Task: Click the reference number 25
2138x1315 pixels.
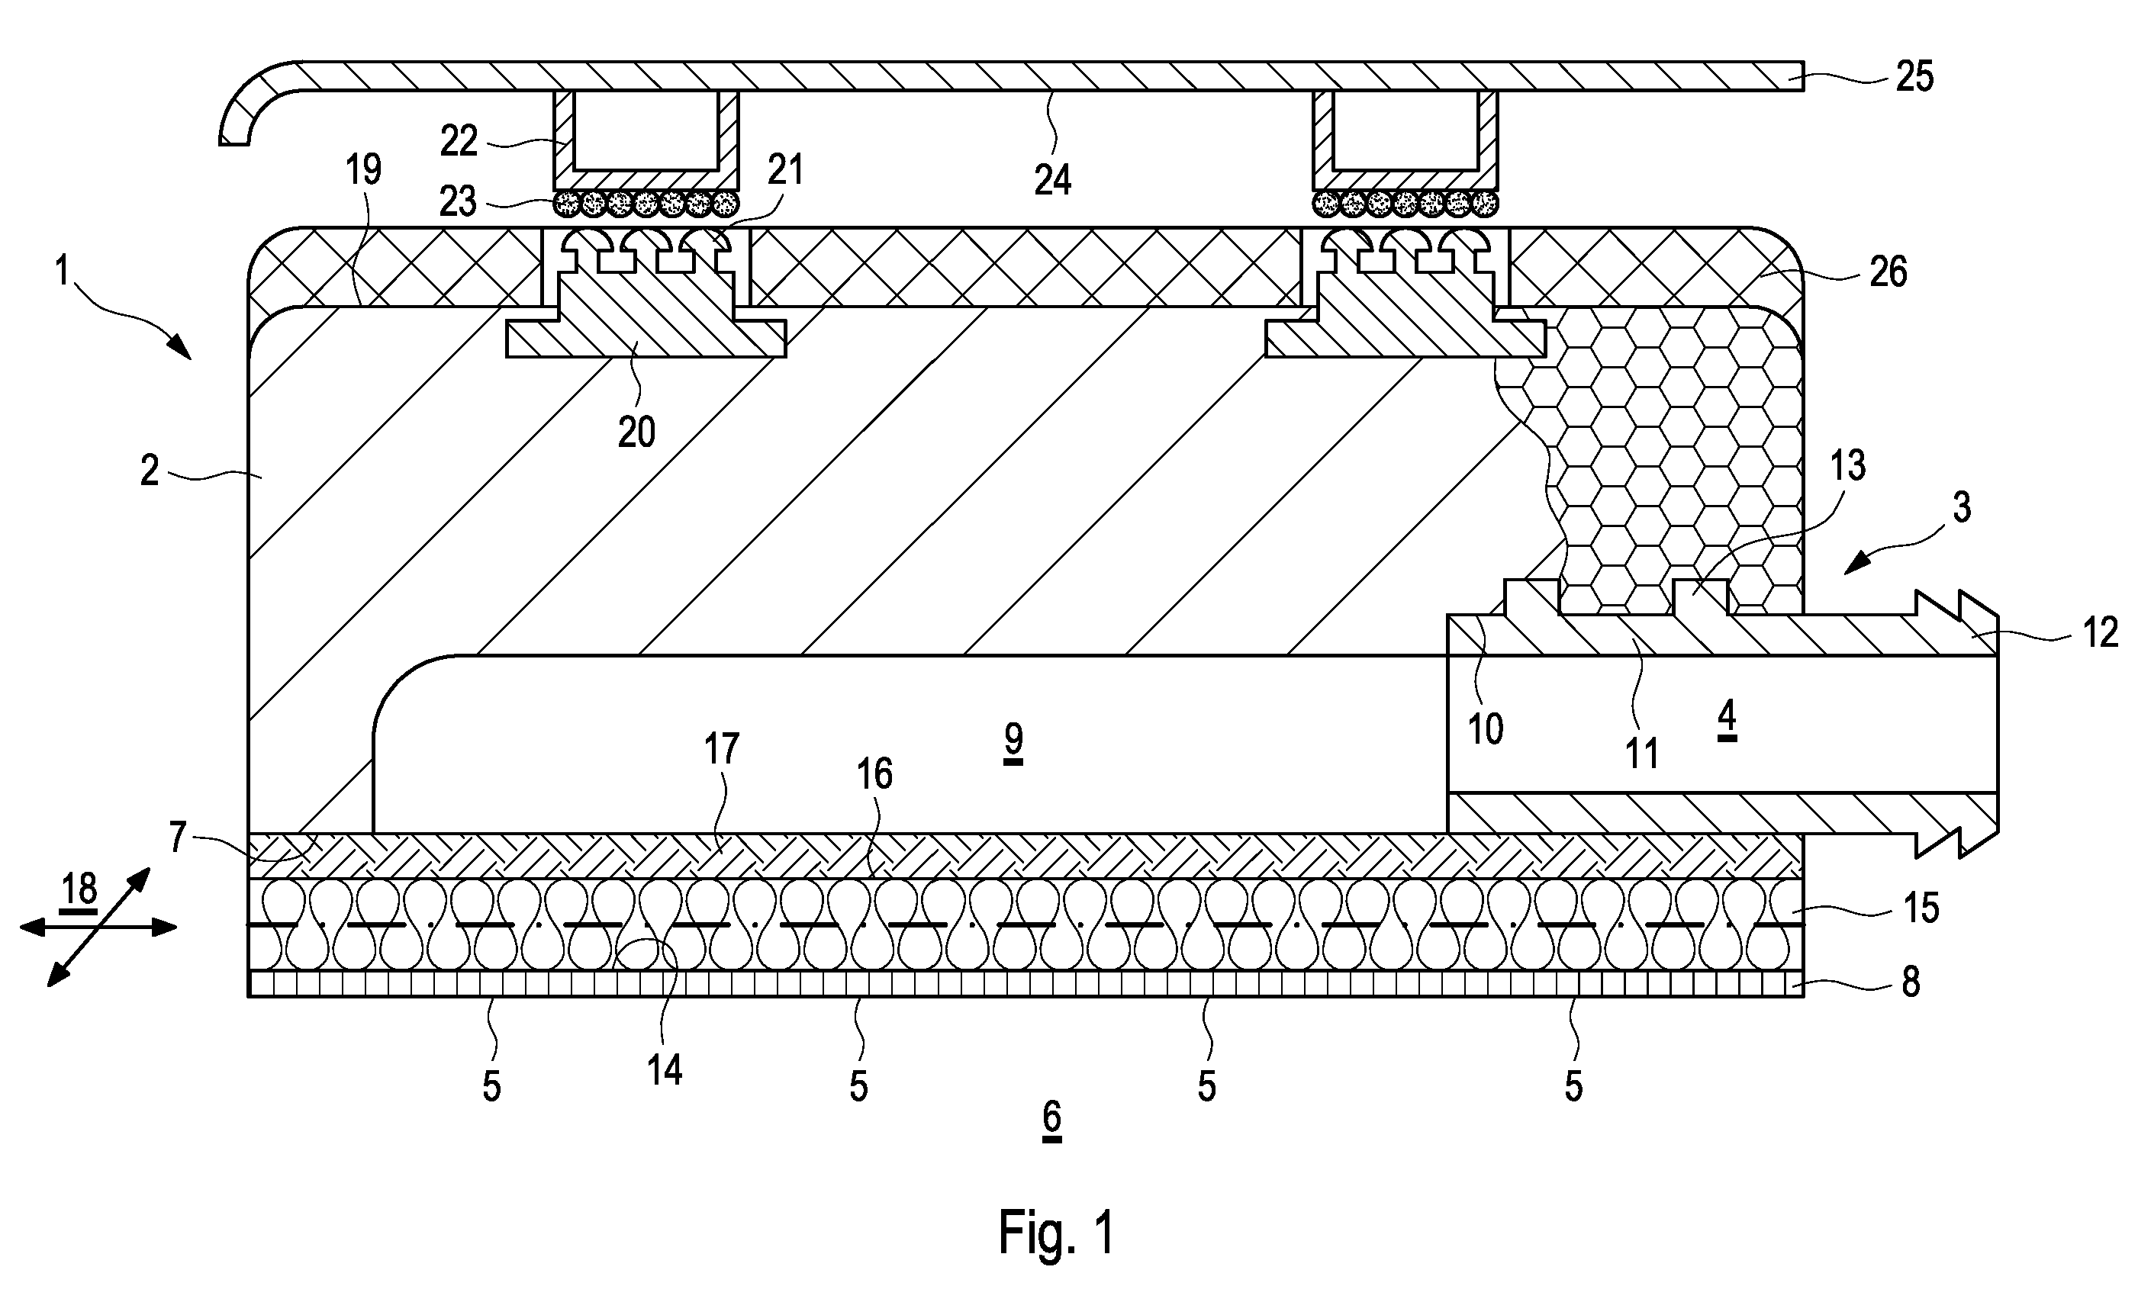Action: point(1914,76)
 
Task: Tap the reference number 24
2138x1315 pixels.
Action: point(1052,180)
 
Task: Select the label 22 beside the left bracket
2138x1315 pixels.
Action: point(459,141)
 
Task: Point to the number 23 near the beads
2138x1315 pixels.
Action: point(459,202)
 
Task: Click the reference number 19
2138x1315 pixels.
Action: point(363,169)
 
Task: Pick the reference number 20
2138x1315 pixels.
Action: point(636,432)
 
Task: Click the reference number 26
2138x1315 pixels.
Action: point(1888,272)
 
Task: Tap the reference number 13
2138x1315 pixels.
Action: point(1847,466)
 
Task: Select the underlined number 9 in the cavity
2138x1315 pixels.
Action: point(1013,743)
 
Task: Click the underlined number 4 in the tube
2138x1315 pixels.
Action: point(1727,719)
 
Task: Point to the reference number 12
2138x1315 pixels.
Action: point(2101,633)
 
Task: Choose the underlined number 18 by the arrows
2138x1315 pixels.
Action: point(79,892)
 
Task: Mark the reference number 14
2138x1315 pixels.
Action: point(664,1069)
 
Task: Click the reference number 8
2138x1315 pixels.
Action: point(1911,982)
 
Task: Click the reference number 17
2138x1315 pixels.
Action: point(721,749)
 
